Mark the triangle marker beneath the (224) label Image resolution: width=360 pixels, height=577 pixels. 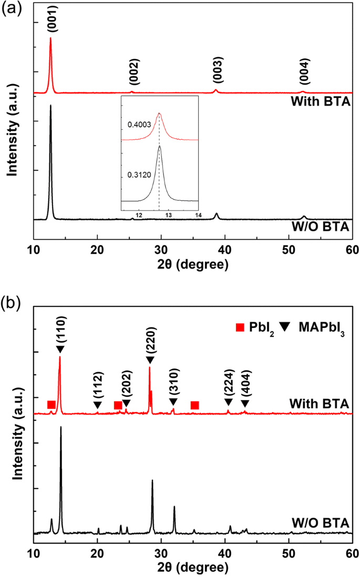click(228, 402)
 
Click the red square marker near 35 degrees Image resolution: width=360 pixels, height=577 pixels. click(194, 405)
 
